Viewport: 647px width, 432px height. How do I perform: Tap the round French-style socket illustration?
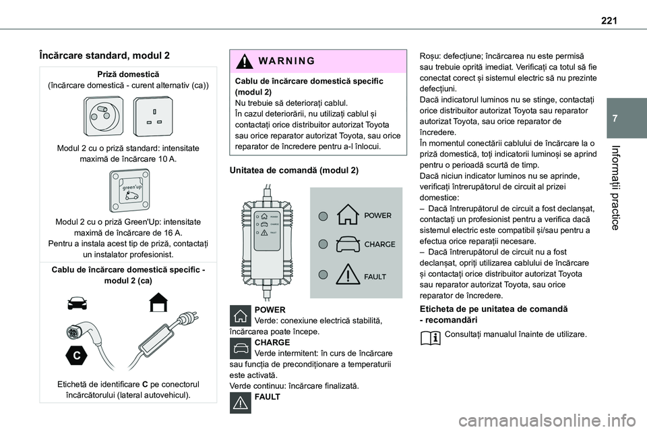click(104, 116)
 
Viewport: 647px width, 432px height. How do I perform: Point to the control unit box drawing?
click(268, 242)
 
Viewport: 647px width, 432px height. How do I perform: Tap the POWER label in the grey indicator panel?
click(377, 215)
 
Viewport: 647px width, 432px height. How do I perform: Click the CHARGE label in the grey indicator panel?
click(379, 244)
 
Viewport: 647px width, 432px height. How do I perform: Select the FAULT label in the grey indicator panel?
click(375, 277)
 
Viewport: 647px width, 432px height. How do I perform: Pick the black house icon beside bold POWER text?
click(241, 315)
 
